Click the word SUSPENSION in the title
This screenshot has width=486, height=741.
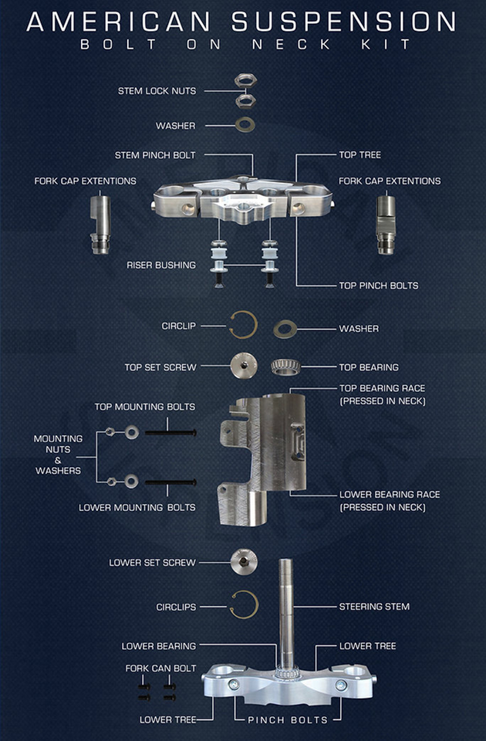coord(343,22)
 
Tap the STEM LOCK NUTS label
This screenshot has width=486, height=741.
coord(157,91)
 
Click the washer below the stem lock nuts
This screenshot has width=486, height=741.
coord(245,125)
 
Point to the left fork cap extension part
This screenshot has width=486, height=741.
coord(100,225)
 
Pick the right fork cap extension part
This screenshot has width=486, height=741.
coord(386,225)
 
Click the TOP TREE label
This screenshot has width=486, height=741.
coord(360,154)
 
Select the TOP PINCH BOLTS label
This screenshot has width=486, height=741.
coord(378,286)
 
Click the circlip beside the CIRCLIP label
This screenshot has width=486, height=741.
coord(244,325)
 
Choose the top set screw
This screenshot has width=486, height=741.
coord(245,365)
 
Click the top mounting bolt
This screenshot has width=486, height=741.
coord(170,432)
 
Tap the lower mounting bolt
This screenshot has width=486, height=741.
coord(170,482)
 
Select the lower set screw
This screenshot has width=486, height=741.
coord(245,562)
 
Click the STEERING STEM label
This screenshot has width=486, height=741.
coord(374,607)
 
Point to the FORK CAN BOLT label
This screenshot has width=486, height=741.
coord(160,668)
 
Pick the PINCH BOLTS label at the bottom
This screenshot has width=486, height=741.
coord(288,719)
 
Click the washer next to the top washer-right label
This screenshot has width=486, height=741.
coord(285,329)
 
